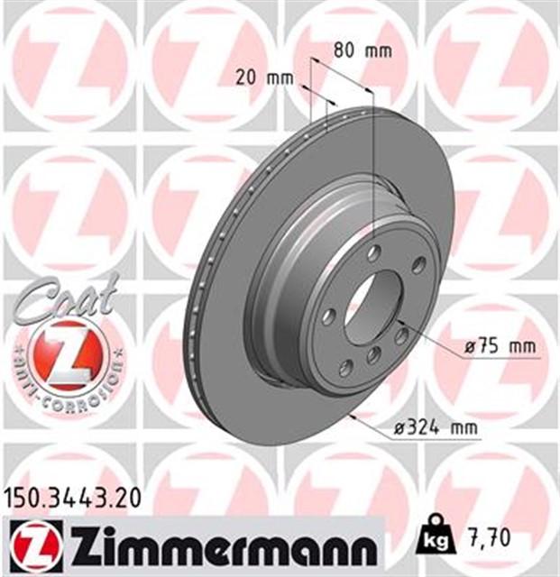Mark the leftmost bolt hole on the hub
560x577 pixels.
[x=329, y=316]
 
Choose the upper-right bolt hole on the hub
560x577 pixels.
[x=417, y=265]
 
